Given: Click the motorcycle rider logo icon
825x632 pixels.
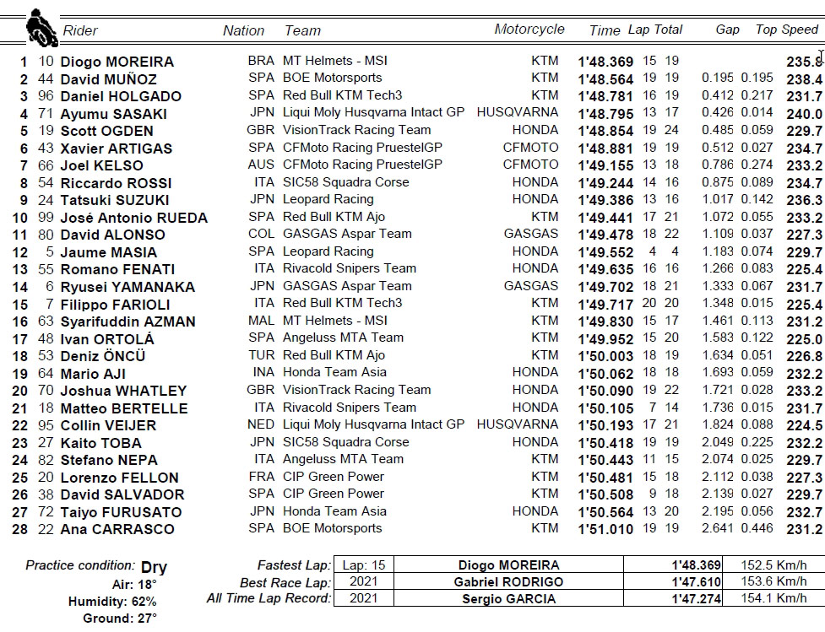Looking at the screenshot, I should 39,28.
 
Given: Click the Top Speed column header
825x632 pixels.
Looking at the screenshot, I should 787,30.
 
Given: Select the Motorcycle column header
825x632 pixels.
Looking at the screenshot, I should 529,30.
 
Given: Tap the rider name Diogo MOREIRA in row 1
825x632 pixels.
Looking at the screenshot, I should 117,62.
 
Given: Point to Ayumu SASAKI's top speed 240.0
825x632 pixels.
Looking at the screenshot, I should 805,114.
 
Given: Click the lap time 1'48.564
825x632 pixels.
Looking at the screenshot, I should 605,79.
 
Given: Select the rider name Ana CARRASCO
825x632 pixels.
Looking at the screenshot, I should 117,529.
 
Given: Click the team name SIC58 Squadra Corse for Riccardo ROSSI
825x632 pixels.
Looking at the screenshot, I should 346,182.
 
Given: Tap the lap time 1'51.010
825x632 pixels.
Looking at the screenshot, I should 605,529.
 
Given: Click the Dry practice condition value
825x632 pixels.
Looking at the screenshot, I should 154,568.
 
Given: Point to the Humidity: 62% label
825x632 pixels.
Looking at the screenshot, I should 112,602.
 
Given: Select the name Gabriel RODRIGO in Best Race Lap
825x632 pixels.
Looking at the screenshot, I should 508,582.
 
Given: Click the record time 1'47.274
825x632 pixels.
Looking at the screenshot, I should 697,599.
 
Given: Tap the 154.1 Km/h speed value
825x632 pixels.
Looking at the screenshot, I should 773,599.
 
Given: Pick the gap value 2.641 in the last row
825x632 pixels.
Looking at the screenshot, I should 717,529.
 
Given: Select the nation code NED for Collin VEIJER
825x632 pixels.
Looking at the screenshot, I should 261,424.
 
